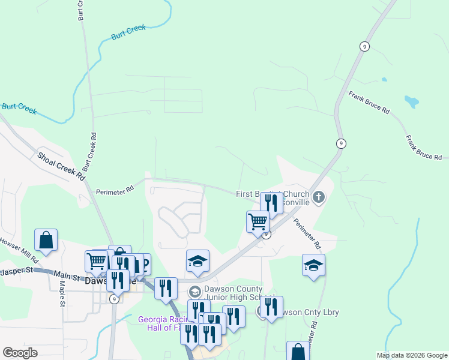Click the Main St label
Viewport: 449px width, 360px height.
[68, 277]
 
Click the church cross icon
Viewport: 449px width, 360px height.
[318, 196]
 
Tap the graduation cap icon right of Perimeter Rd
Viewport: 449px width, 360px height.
[313, 265]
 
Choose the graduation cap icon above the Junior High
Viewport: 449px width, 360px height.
[197, 261]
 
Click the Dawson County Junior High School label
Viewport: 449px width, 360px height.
[237, 293]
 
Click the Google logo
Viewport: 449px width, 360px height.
[20, 353]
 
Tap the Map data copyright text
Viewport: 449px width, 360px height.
[411, 355]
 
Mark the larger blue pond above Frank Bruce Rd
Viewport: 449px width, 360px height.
[411, 101]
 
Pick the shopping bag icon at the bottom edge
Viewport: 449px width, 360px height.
[298, 352]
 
